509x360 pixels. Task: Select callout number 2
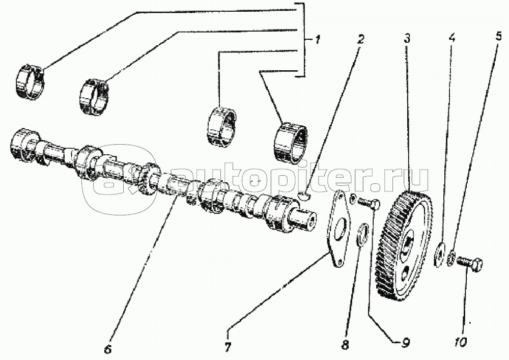coord(360,39)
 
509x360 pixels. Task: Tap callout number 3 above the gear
coord(407,39)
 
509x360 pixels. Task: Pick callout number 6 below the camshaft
coord(108,348)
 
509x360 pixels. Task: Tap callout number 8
coord(346,345)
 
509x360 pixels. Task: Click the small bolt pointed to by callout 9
coord(369,203)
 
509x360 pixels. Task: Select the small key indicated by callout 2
coord(304,196)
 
